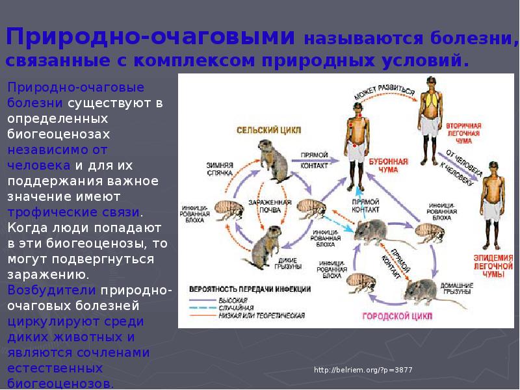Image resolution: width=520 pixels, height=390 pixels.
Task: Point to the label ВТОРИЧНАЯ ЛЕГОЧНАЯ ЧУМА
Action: [x=463, y=133]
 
